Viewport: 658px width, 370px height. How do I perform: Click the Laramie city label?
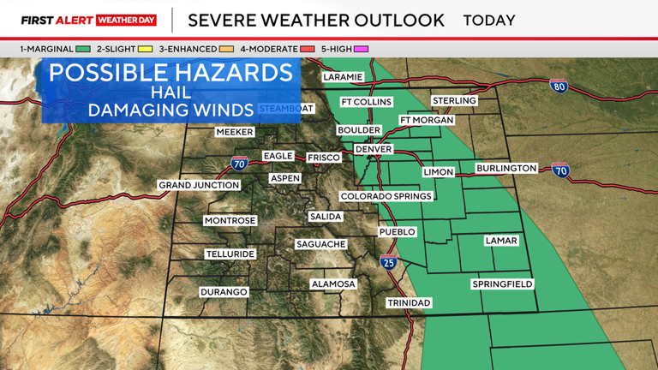coord(343,77)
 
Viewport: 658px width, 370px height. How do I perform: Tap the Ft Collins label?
coord(366,102)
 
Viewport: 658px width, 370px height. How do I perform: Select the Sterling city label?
coord(454,101)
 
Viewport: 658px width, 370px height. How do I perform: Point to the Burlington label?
coord(506,169)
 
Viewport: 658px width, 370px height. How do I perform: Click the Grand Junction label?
coord(194,186)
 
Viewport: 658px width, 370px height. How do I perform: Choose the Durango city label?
coord(224,292)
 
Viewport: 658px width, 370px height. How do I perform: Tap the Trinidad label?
coord(409,303)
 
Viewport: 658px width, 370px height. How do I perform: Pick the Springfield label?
coord(502,283)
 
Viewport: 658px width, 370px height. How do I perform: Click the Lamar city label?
coord(501,241)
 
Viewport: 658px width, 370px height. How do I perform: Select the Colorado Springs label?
coord(387,196)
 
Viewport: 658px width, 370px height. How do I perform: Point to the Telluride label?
coord(230,254)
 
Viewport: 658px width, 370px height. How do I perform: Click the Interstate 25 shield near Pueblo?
coord(389,262)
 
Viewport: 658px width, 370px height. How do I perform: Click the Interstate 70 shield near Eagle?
coord(240,163)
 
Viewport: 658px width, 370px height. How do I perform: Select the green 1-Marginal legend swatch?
coord(82,50)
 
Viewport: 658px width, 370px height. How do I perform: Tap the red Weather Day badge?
coord(126,20)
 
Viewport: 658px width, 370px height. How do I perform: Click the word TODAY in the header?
coord(489,20)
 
